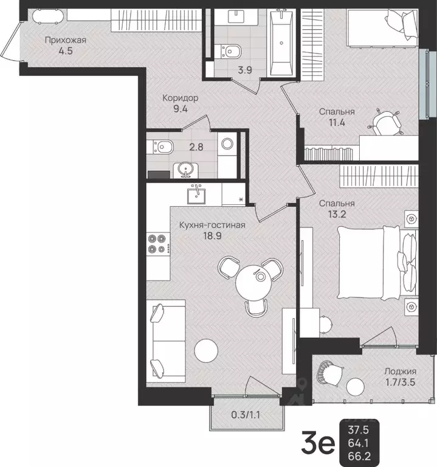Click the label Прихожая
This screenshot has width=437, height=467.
click(66, 40)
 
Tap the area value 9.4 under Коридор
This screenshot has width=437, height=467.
click(181, 109)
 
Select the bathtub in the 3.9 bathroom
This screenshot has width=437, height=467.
click(281, 42)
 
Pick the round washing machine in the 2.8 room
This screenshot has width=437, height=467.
click(227, 144)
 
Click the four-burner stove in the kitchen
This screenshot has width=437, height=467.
click(158, 243)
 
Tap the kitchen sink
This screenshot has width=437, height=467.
click(196, 194)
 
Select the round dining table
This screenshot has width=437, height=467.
click(253, 283)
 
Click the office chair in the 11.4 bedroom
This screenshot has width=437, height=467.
click(385, 123)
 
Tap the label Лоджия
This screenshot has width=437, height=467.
click(400, 372)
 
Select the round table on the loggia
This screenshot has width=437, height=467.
click(356, 387)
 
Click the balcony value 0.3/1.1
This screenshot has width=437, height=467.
click(246, 415)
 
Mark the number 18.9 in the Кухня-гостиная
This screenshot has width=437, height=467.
click(212, 236)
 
